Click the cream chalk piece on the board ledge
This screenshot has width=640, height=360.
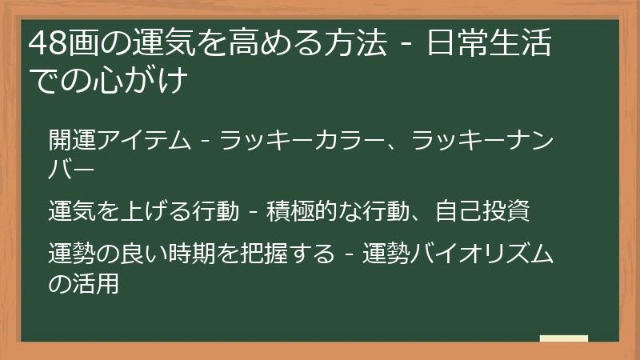(563, 338)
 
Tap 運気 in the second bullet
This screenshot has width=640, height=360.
(72, 212)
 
